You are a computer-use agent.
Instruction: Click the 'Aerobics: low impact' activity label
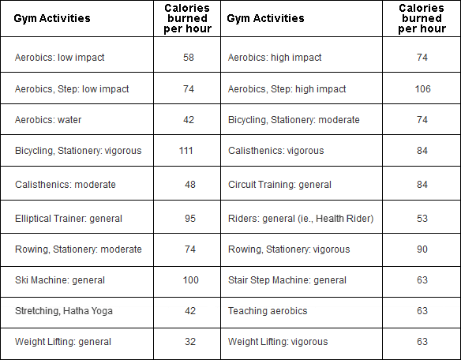[x=60, y=58]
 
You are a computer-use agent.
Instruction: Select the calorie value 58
[x=189, y=58]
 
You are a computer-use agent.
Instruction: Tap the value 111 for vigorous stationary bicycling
[x=186, y=151]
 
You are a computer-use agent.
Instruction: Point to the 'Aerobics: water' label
[x=48, y=120]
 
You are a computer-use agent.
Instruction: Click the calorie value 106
[x=422, y=89]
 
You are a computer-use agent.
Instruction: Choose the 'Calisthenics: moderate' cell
[x=66, y=185]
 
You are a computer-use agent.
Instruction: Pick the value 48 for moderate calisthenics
[x=190, y=185]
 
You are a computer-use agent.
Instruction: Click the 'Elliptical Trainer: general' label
[x=69, y=219]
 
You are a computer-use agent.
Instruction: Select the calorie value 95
[x=190, y=219]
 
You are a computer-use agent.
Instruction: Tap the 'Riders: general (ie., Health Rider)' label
[x=301, y=219]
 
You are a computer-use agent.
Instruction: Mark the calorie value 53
[x=422, y=219]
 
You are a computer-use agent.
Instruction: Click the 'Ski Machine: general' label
[x=60, y=280]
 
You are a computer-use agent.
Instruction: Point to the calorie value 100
[x=190, y=280]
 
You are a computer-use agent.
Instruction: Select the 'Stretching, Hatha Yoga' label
[x=64, y=311]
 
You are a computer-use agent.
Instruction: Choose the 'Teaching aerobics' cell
[x=268, y=311]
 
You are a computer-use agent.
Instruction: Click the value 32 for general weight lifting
[x=190, y=342]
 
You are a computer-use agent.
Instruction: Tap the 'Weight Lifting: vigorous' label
[x=278, y=342]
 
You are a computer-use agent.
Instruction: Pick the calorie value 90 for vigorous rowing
[x=422, y=249]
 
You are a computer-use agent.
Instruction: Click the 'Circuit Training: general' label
[x=279, y=185]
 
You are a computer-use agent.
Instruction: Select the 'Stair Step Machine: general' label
[x=287, y=280]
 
